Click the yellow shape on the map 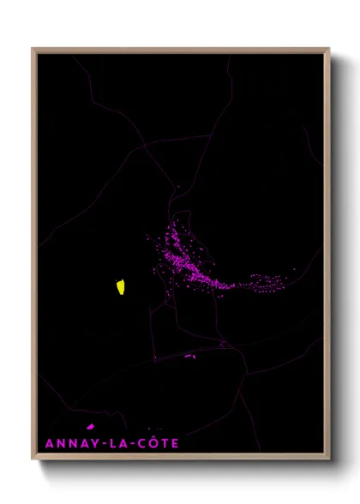click(121, 286)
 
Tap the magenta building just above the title click(90, 426)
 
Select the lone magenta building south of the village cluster click(189, 356)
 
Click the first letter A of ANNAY click(48, 444)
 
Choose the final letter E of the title click(175, 444)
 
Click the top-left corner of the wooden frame click(33, 49)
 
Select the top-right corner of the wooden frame click(329, 49)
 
